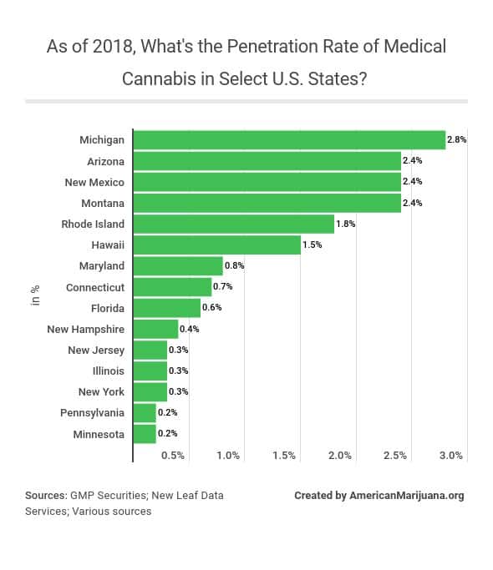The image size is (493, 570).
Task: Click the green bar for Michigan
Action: click(x=289, y=140)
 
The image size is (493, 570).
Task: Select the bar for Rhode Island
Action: click(x=233, y=224)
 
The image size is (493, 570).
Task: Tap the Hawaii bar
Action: click(x=216, y=245)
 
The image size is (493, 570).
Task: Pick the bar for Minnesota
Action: click(x=145, y=434)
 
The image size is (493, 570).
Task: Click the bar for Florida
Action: click(x=167, y=308)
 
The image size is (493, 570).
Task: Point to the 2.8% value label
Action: click(x=456, y=140)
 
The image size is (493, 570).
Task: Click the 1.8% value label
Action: click(x=345, y=224)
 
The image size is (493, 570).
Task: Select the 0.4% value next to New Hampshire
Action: click(x=189, y=329)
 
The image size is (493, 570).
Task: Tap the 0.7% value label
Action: click(x=222, y=287)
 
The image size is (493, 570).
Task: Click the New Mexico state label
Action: click(x=94, y=182)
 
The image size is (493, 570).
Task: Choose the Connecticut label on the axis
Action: click(x=95, y=287)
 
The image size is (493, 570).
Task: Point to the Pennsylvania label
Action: click(x=92, y=413)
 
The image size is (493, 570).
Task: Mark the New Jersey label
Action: click(x=96, y=351)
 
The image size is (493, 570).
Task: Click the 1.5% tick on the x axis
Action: click(x=284, y=456)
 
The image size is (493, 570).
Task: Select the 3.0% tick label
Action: click(x=450, y=456)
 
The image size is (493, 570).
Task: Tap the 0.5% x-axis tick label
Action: click(x=172, y=456)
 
